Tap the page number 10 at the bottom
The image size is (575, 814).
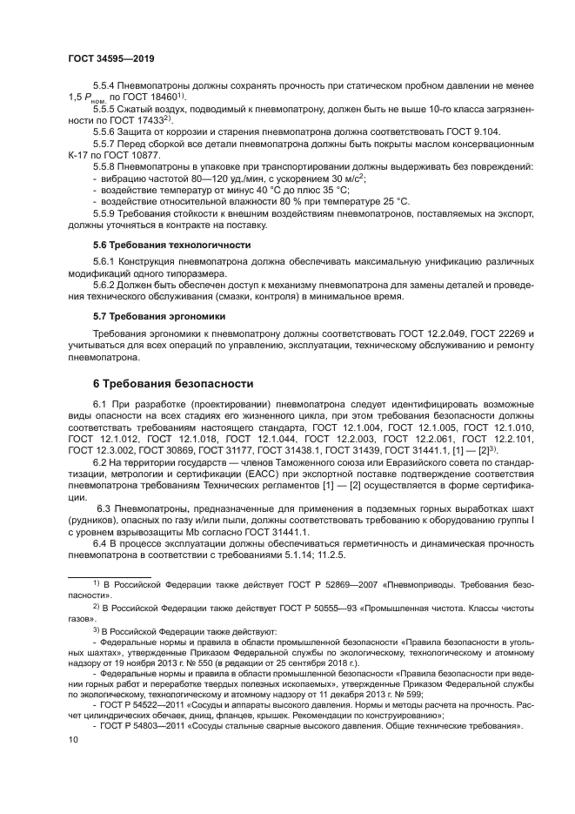pos(73,763)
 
